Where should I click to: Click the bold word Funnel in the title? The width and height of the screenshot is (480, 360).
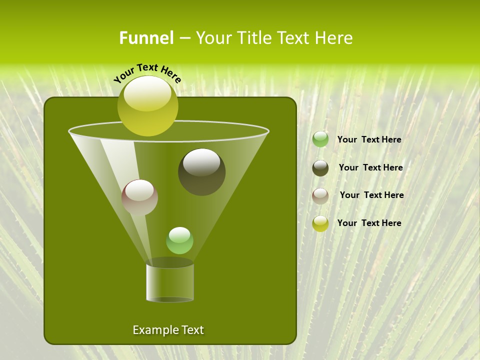pyautogui.click(x=146, y=38)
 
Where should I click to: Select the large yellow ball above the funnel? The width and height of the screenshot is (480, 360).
pyautogui.click(x=147, y=106)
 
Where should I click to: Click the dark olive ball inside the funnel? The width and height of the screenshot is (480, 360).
pyautogui.click(x=201, y=172)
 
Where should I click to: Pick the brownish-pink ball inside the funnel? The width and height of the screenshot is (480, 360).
pyautogui.click(x=139, y=197)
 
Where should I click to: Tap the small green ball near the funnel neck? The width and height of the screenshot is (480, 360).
pyautogui.click(x=179, y=240)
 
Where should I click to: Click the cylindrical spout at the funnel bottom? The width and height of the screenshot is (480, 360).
pyautogui.click(x=170, y=282)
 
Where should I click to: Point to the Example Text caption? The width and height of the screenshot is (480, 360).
pyautogui.click(x=168, y=330)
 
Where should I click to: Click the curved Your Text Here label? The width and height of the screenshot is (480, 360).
pyautogui.click(x=147, y=73)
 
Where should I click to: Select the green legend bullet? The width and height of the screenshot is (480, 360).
pyautogui.click(x=320, y=139)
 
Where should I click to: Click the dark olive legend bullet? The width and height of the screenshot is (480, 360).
pyautogui.click(x=320, y=168)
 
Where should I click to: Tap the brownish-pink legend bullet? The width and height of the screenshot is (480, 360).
pyautogui.click(x=320, y=195)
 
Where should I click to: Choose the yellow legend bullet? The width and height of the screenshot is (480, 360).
pyautogui.click(x=320, y=223)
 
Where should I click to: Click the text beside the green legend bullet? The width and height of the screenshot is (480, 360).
pyautogui.click(x=369, y=140)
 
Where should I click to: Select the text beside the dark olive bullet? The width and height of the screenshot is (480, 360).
pyautogui.click(x=370, y=168)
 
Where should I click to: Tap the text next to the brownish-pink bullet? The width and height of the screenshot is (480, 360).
pyautogui.click(x=371, y=195)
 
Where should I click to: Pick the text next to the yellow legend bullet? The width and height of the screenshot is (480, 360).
pyautogui.click(x=369, y=223)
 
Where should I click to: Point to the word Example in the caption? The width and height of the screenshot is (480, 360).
pyautogui.click(x=153, y=330)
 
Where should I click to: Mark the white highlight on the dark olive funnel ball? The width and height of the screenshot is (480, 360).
pyautogui.click(x=201, y=162)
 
